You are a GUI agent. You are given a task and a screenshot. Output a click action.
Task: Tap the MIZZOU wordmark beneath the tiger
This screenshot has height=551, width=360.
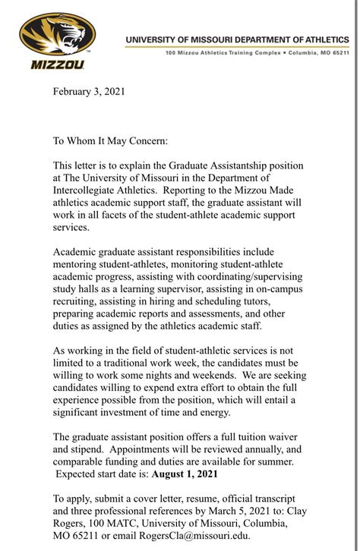point(57,65)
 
